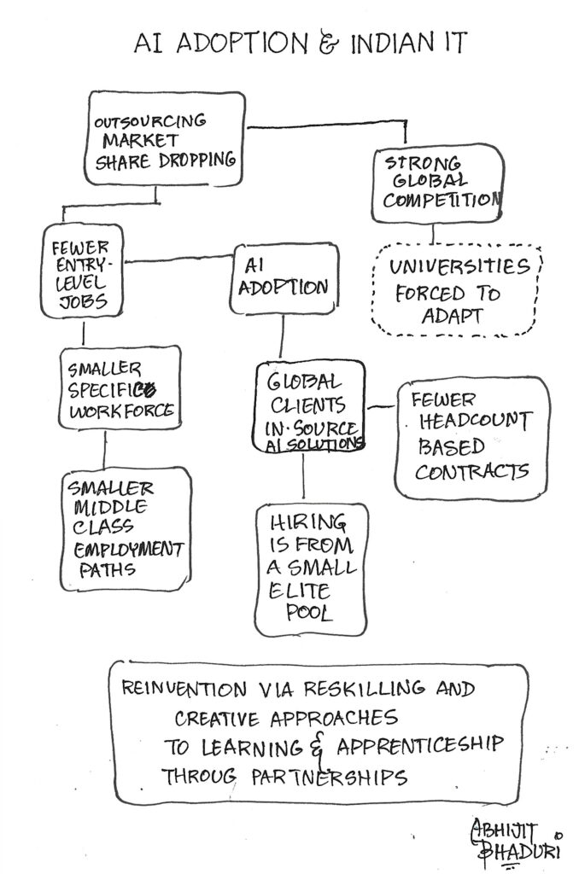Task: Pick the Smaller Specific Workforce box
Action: [120, 390]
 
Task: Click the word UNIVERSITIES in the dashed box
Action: [459, 267]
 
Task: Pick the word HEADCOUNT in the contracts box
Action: [471, 422]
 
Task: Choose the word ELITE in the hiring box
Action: [297, 591]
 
